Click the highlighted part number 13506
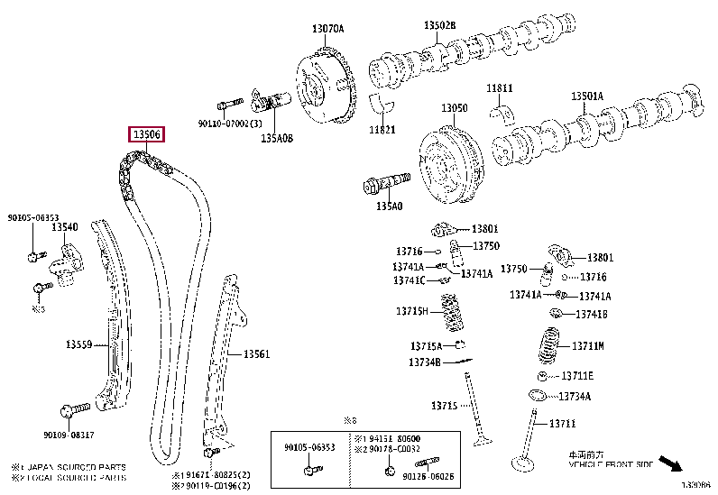147,135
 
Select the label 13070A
327,29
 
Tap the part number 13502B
440,25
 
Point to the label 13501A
586,96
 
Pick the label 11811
500,87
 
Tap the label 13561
255,354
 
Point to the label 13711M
588,345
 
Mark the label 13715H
411,311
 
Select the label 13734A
575,396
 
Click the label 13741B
592,314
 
